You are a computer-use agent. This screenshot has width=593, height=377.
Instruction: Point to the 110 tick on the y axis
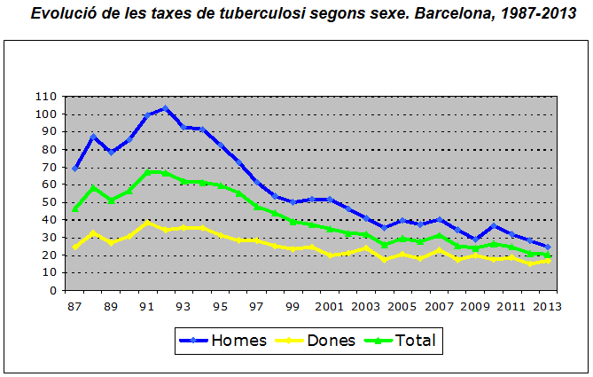click(x=48, y=96)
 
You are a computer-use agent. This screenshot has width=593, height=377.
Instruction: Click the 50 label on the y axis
click(x=51, y=201)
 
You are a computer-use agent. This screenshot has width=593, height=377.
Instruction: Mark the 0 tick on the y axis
click(x=54, y=290)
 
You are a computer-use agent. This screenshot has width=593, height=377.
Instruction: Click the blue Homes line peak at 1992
click(x=165, y=108)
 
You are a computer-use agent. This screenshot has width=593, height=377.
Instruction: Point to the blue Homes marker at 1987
click(x=76, y=169)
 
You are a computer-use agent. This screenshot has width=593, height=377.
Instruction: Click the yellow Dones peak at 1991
click(x=148, y=223)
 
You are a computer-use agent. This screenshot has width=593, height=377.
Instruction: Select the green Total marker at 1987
click(x=76, y=209)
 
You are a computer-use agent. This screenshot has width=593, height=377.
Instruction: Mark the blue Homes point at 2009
click(x=475, y=240)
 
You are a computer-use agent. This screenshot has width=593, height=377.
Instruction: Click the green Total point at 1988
click(x=94, y=187)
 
